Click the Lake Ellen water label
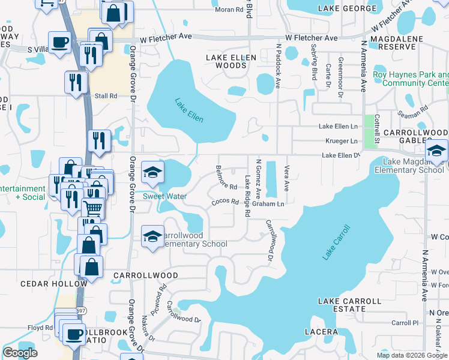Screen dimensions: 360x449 189,110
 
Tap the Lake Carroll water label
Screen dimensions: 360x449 336,242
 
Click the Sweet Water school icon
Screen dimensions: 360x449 152,173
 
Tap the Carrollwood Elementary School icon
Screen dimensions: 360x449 152,236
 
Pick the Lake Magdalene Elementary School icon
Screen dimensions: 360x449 436,151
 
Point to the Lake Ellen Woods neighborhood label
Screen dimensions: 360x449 231,61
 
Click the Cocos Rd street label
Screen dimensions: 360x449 225,203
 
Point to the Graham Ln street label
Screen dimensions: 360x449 268,204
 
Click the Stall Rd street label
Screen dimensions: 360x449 105,95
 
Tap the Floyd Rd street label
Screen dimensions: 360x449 40,328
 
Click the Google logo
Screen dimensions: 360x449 20,353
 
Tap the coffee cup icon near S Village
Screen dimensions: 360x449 61,43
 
